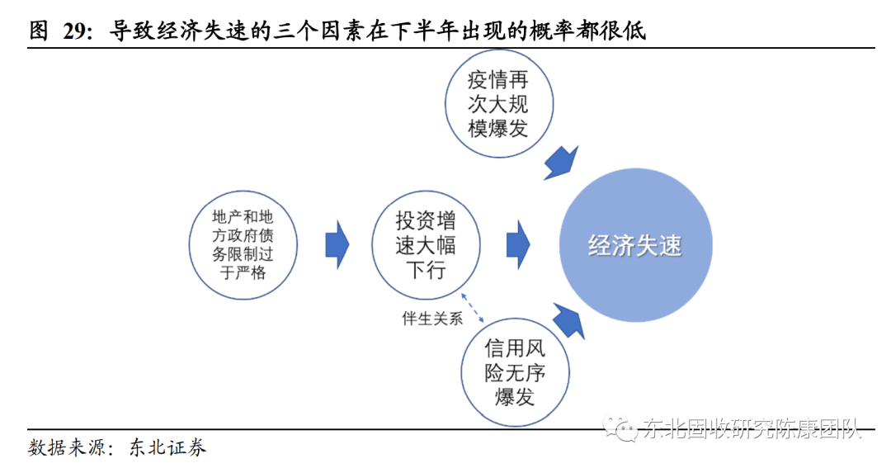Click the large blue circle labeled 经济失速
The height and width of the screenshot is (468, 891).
634,246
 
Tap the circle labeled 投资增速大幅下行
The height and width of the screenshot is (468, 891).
426,245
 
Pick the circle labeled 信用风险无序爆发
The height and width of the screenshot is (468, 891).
515,371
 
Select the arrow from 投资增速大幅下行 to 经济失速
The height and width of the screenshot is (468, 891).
518,244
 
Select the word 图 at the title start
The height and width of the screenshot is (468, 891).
39,31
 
